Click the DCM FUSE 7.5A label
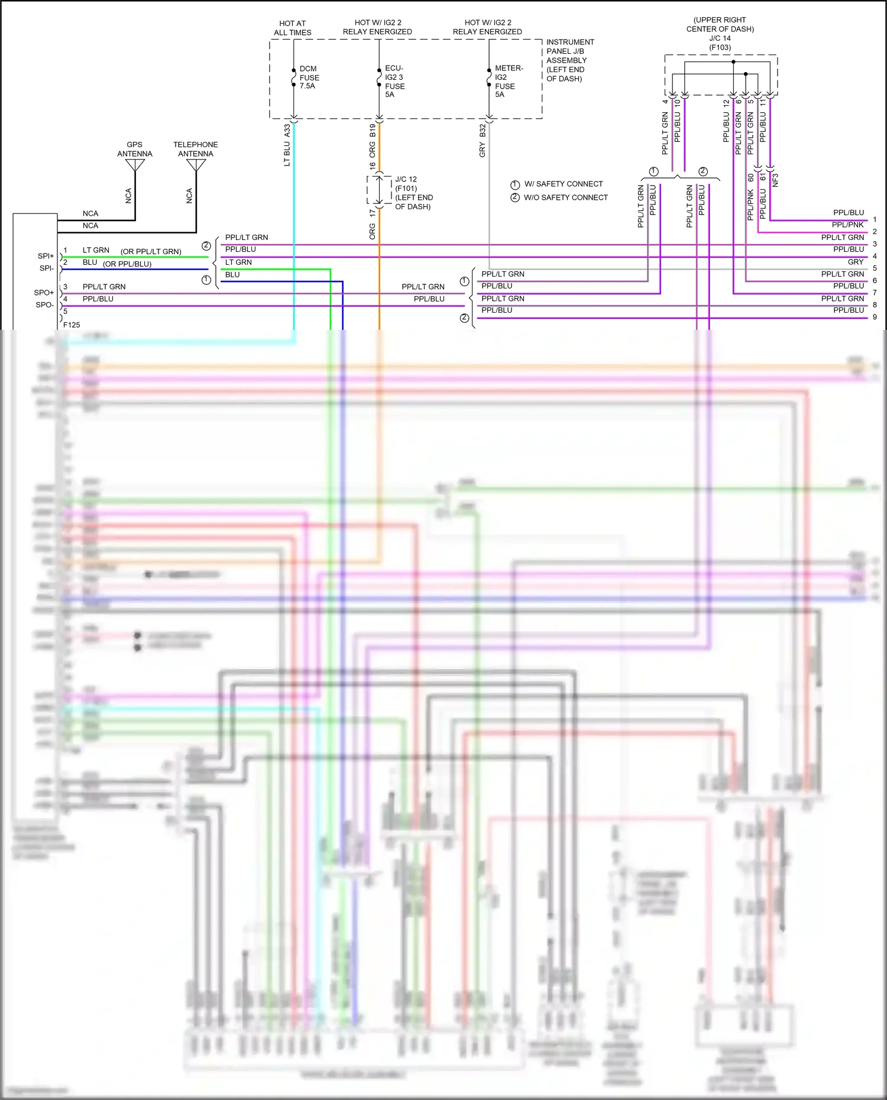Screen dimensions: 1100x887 point(309,77)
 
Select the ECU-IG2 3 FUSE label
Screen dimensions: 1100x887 point(394,81)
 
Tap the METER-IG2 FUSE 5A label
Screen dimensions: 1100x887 point(508,81)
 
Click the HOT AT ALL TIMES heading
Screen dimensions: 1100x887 point(293,28)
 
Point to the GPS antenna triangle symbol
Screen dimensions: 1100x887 point(135,165)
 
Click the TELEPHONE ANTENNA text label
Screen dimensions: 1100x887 point(195,149)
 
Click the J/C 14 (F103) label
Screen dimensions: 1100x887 point(720,43)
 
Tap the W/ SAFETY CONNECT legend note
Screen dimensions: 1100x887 point(563,184)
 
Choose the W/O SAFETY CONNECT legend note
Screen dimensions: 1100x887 point(565,197)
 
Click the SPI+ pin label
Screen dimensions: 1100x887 point(46,256)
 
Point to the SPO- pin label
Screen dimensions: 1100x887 point(44,305)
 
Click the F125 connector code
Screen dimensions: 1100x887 point(72,325)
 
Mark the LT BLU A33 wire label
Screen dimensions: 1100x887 point(287,145)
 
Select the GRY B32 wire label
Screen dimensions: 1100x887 point(483,141)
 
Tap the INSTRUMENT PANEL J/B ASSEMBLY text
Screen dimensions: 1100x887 point(569,60)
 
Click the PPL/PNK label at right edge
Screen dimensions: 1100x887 point(847,225)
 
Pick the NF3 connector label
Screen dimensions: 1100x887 point(775,180)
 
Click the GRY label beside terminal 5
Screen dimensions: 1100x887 point(855,262)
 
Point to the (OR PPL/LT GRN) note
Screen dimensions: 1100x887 point(151,251)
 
